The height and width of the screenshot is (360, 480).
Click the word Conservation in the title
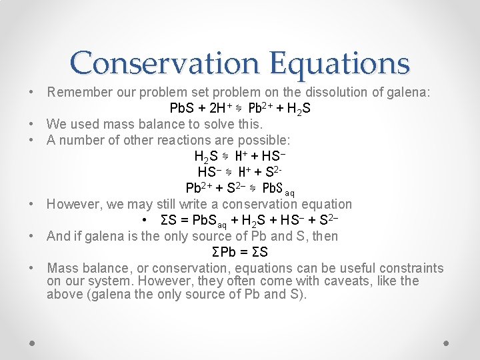[167, 63]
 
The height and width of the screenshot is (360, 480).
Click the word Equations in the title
[340, 63]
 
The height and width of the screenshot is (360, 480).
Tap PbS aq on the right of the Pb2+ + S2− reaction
[279, 188]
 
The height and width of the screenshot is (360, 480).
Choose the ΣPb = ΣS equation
[239, 252]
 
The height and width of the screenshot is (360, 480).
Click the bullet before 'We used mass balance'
[32, 123]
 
